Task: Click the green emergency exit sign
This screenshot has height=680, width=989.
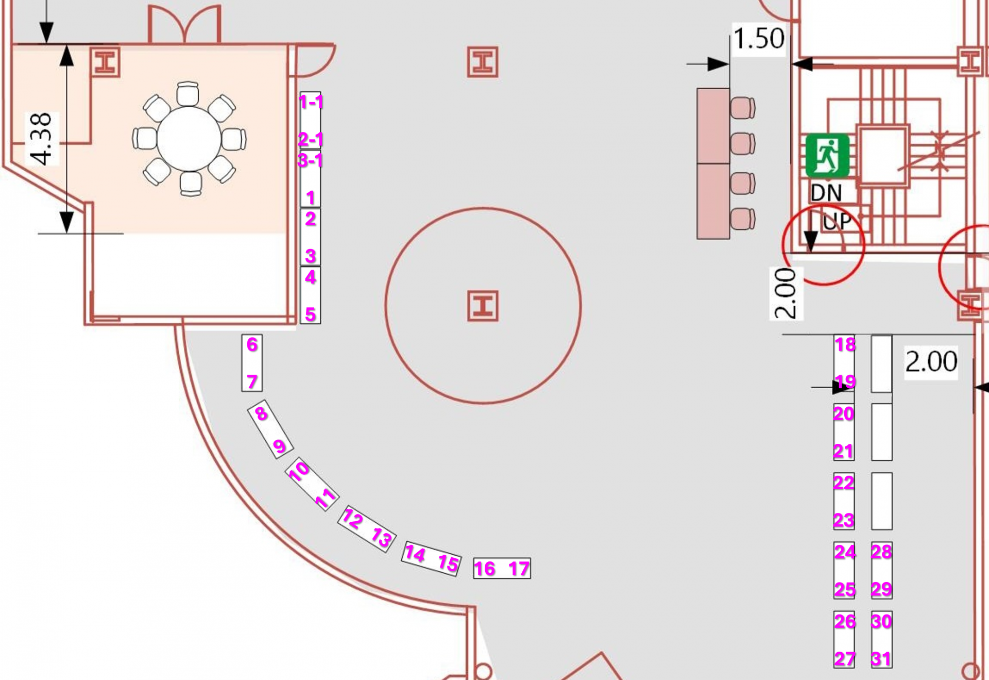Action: tap(827, 155)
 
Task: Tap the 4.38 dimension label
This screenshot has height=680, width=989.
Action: tap(41, 139)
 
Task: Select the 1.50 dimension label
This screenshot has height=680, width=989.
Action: tap(758, 39)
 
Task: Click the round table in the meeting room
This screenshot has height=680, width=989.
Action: tap(189, 139)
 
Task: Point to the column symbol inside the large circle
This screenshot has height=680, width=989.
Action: tap(483, 306)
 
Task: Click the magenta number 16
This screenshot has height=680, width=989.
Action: tap(484, 569)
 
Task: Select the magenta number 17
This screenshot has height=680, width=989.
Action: tap(519, 569)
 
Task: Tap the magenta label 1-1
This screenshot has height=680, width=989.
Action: tap(311, 102)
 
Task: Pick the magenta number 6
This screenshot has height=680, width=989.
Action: tap(252, 344)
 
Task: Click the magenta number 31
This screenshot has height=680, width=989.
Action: tap(881, 658)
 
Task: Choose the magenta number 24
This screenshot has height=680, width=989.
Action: tap(845, 552)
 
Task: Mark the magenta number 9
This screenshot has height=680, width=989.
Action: tap(279, 446)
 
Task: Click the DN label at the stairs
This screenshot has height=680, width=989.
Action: tap(826, 193)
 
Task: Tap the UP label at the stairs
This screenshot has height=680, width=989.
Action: tap(837, 222)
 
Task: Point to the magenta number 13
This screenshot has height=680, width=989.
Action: tap(382, 538)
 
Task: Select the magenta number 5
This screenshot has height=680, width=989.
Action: tap(310, 314)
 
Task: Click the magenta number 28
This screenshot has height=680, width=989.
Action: tap(881, 552)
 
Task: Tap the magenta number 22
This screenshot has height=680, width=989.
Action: tap(844, 483)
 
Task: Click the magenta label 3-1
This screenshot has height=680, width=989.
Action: tap(310, 160)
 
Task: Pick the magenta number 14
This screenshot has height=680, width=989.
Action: tap(415, 554)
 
